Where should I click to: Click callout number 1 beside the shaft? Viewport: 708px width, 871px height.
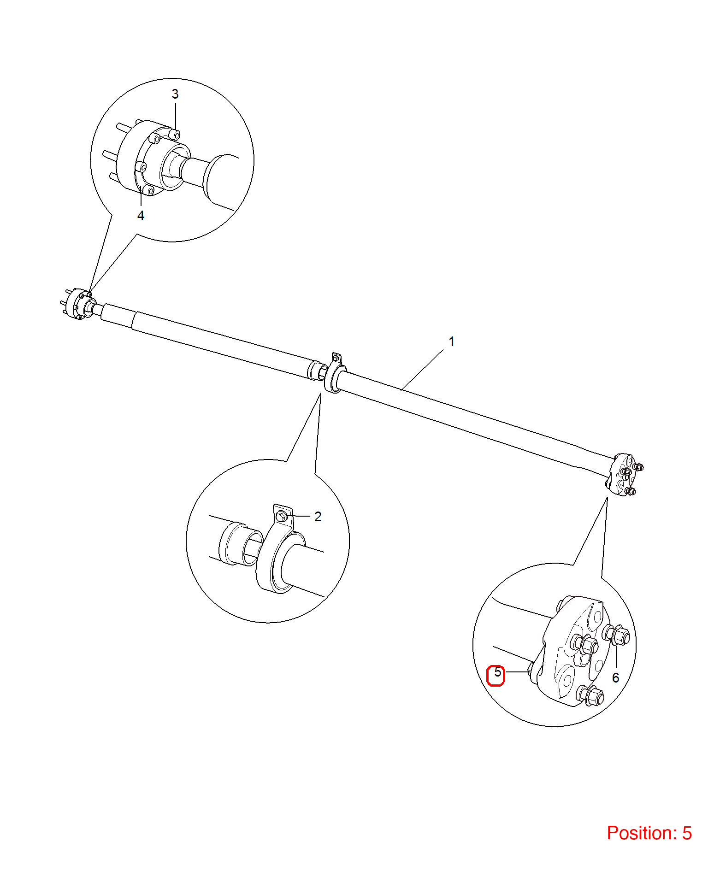[x=452, y=341]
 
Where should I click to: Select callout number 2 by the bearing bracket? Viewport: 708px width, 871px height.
[x=318, y=517]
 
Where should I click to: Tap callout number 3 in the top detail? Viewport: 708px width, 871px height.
[x=175, y=94]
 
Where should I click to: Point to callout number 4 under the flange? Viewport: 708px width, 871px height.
[x=141, y=216]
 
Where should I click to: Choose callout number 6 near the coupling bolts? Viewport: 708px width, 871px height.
[x=616, y=678]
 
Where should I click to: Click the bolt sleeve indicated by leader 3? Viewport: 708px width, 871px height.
[x=175, y=134]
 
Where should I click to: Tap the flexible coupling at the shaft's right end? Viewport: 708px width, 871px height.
[x=622, y=475]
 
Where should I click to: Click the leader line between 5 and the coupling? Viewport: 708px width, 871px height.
[x=516, y=672]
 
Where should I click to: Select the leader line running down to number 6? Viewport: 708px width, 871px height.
[x=616, y=655]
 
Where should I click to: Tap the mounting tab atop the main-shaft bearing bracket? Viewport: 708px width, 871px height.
[x=336, y=358]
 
